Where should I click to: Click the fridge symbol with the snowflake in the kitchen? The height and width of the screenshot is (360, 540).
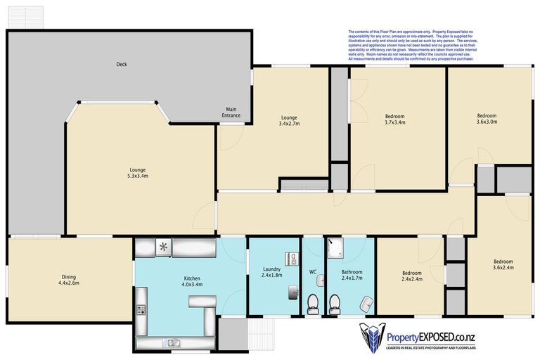click(x=163, y=247)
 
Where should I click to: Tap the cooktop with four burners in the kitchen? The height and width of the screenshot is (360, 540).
click(x=141, y=309)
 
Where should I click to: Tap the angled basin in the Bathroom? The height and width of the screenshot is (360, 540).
click(x=366, y=304)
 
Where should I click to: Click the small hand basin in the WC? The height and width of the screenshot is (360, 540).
click(x=320, y=280)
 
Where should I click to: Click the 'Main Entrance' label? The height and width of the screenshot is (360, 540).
click(x=231, y=112)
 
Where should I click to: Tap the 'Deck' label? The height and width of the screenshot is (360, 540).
click(x=121, y=65)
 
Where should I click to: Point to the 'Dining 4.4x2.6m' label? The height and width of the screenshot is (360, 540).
click(x=68, y=280)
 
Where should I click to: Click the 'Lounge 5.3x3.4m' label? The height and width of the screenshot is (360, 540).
click(x=137, y=173)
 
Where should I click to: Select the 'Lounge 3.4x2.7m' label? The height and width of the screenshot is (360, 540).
click(x=290, y=120)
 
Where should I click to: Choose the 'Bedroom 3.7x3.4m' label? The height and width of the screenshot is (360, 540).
click(x=394, y=119)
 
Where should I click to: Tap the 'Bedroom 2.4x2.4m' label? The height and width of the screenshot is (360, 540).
click(x=411, y=276)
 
